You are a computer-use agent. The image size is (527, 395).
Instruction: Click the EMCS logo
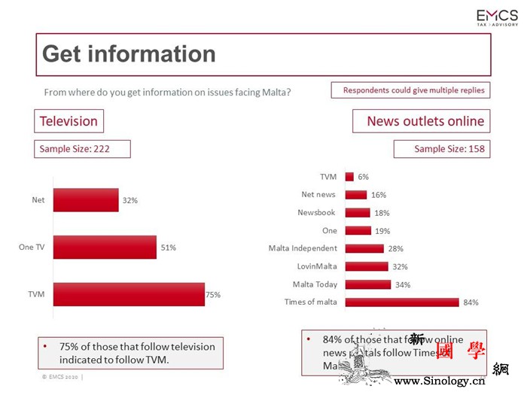coord(496,17)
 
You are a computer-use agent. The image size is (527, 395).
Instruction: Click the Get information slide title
coord(129,54)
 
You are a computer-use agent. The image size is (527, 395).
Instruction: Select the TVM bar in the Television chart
coord(129,295)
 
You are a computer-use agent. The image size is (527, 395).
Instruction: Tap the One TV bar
coord(105,247)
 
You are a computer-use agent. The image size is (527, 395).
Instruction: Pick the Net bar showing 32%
coord(86,200)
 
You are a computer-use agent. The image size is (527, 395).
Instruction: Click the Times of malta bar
coord(402,302)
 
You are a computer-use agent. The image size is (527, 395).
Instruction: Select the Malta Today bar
coord(368,284)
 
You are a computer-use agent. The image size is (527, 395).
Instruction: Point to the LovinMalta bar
coord(367,266)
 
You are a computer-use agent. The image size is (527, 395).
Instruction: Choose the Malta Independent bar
coord(364,248)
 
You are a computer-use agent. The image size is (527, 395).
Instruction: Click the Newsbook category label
coord(316,213)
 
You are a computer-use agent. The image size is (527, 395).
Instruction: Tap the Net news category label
coord(318,195)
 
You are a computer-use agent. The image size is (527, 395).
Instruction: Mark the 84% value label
coord(471,302)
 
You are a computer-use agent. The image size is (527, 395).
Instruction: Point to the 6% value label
coord(363,177)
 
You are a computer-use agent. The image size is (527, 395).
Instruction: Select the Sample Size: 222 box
coord(82,149)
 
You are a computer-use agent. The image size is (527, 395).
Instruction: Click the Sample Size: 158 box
coord(441,149)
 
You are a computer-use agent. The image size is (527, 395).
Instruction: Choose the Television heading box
coord(69,121)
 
